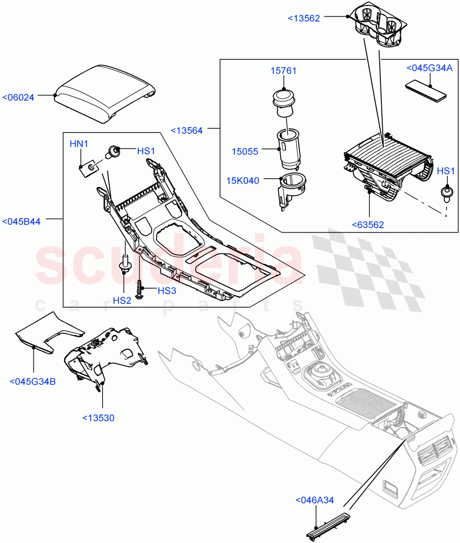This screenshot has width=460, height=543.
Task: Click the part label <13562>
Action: (x=304, y=18)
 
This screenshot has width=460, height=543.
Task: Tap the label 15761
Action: (x=283, y=71)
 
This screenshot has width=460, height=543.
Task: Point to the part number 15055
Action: (x=245, y=152)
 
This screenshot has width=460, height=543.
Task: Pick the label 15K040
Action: (x=243, y=181)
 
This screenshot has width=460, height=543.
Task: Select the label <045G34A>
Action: (x=429, y=68)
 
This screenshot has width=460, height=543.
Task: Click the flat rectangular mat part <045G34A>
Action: (x=425, y=92)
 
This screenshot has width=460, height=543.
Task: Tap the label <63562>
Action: (x=367, y=225)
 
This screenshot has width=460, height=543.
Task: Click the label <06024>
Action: (x=18, y=97)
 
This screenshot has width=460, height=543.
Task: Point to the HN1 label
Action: (x=79, y=144)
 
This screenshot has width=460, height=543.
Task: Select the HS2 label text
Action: (x=122, y=300)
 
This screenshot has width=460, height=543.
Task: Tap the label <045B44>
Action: (x=21, y=222)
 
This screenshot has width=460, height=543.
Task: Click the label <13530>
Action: (x=98, y=418)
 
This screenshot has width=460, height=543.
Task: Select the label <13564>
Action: (x=187, y=130)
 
